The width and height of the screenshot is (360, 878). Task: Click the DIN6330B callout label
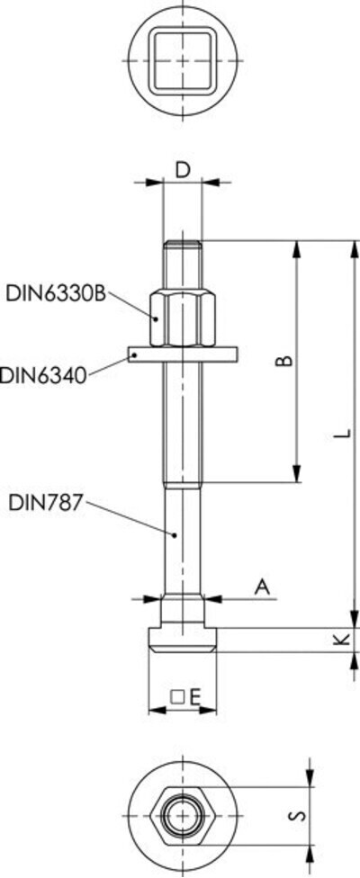coord(56,293)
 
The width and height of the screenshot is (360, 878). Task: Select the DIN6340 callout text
coord(44,374)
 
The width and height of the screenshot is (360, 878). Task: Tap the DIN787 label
coord(45,503)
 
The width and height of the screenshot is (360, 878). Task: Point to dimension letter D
coord(182,170)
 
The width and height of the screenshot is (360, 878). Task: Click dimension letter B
coord(285,361)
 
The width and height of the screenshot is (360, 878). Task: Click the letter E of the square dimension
coord(194,697)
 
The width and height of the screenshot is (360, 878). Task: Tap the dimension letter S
coord(300,816)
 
